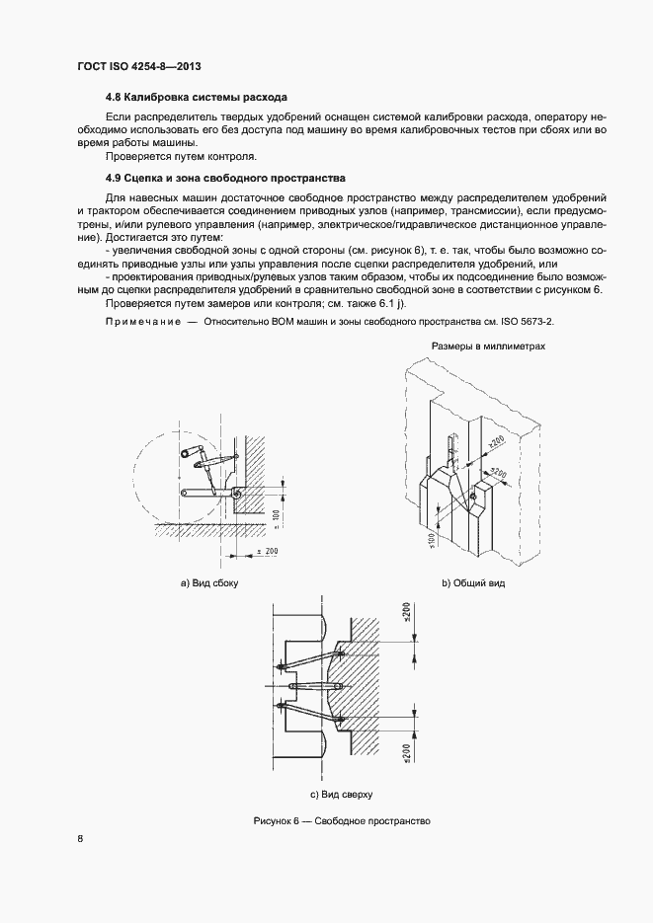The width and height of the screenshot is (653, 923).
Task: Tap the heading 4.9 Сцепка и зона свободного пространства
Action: pos(225,179)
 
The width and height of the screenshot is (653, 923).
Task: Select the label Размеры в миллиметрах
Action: pos(488,346)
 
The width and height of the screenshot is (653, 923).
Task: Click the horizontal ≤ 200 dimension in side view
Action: pos(267,550)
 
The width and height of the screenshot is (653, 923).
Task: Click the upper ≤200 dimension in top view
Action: pos(407,615)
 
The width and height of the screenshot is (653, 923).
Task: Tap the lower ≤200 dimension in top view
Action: pos(407,753)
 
